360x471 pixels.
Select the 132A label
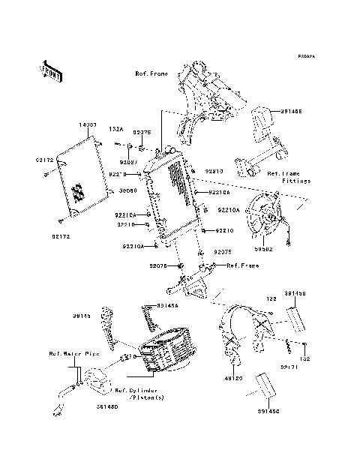coord(116,129)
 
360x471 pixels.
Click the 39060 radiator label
coord(128,190)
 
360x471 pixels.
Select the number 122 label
coord(265,299)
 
